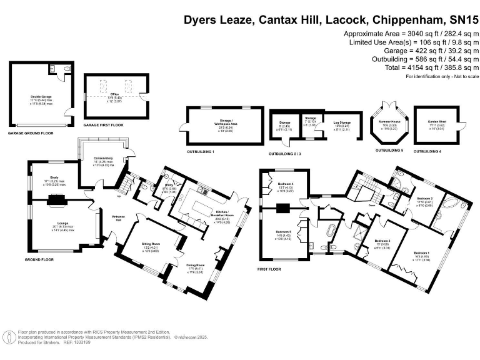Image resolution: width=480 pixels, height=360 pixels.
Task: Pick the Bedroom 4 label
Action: pyautogui.click(x=284, y=184)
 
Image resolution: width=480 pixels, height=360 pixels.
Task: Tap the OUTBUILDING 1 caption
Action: pyautogui.click(x=200, y=152)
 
